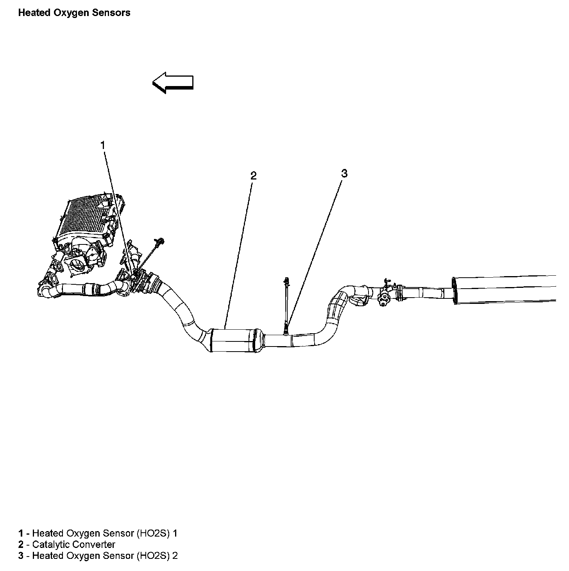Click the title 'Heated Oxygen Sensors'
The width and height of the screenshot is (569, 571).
74,13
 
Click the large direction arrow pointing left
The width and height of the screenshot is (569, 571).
173,83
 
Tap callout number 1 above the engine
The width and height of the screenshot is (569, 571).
103,145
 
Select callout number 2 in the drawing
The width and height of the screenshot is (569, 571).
253,176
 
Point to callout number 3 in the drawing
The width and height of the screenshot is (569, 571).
344,173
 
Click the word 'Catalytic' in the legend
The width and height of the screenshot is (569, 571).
51,544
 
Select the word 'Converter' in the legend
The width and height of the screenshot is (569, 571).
94,544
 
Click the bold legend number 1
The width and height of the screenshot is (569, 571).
21,533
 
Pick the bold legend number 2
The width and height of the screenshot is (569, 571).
21,544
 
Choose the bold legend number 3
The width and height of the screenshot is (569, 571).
21,556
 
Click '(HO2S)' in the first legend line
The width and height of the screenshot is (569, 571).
153,533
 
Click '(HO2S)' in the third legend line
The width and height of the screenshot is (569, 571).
153,556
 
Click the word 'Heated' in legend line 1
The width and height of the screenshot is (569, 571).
48,533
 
